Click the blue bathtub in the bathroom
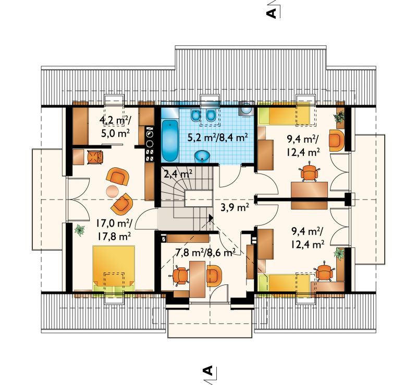click(x=169, y=140)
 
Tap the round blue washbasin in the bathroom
click(x=203, y=156)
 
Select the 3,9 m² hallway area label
click(x=235, y=207)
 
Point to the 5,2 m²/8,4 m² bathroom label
click(x=218, y=138)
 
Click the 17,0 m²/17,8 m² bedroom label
click(x=114, y=229)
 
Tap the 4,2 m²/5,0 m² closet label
click(x=115, y=126)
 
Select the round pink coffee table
click(x=113, y=191)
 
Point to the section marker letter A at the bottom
click(x=208, y=370)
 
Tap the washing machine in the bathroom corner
click(x=247, y=108)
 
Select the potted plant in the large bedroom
click(x=80, y=230)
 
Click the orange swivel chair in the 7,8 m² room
click(x=180, y=276)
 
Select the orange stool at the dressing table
click(x=95, y=157)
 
